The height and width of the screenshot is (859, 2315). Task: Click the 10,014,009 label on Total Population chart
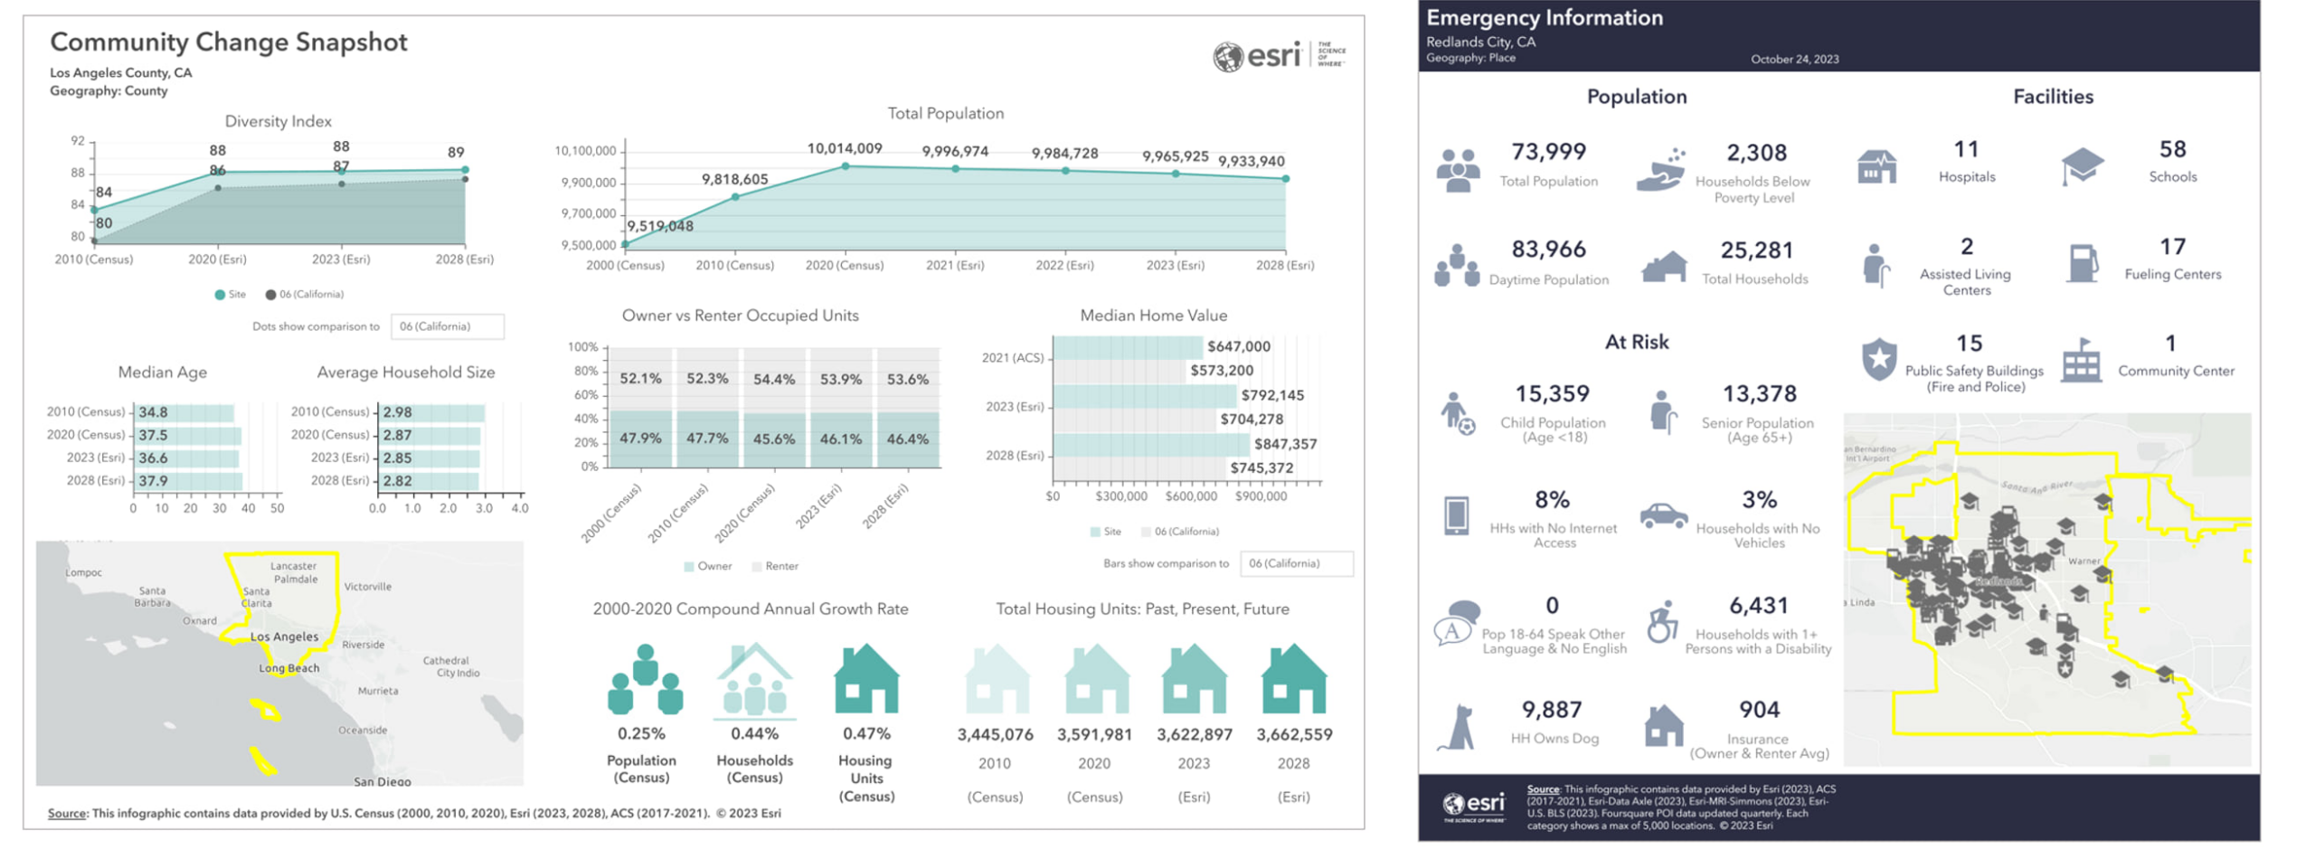coord(844,148)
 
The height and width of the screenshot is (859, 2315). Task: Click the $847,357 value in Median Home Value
coord(1284,444)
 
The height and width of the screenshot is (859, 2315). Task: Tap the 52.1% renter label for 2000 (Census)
coord(639,379)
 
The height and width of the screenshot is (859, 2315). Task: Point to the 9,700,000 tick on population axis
coord(588,214)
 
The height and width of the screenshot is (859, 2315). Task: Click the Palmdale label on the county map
coord(295,580)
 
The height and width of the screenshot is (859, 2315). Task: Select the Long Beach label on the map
coord(288,668)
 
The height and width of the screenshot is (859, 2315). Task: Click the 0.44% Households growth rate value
coord(753,734)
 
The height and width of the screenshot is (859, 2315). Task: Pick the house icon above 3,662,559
coord(1293,679)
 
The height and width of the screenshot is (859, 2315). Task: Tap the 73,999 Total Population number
coord(1547,152)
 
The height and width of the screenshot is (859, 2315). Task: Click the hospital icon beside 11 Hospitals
coord(1876,166)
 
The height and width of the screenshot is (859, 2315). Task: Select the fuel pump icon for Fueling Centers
coord(2082,264)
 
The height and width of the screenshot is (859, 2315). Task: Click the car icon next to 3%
coord(1662,516)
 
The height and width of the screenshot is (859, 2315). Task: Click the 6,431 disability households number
coord(1758,606)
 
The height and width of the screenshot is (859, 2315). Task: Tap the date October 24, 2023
coord(1793,60)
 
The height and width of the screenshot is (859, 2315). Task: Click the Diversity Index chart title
coord(278,121)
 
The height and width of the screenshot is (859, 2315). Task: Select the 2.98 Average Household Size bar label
coord(397,412)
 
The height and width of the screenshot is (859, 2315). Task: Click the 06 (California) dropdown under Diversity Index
coord(447,326)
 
